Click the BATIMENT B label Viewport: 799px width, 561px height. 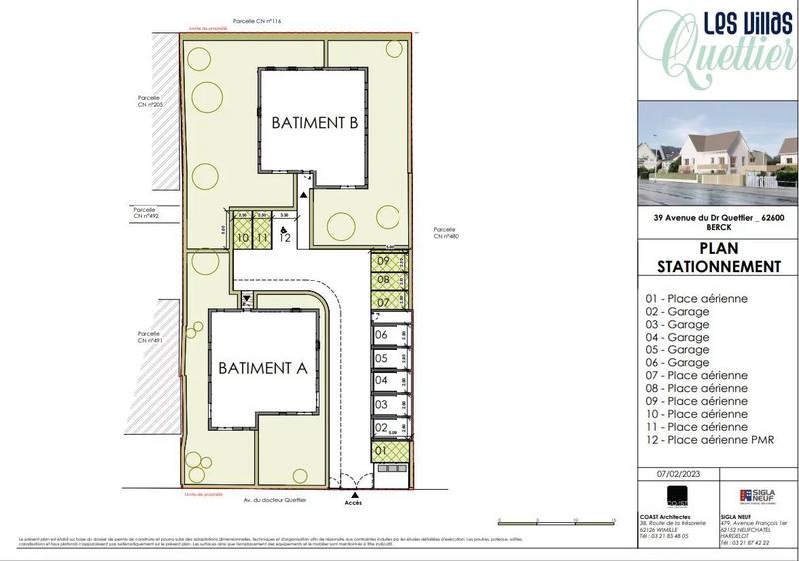coord(314,124)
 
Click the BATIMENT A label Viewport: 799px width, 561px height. coord(262,367)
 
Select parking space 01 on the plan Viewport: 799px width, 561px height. coord(381,451)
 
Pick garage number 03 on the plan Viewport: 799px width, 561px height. coord(381,404)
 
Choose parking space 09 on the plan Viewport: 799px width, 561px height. coord(383,262)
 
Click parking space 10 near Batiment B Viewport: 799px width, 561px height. coord(242,238)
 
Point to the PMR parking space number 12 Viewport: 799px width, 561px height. coord(285,238)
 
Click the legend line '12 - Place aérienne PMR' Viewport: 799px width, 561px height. coord(709,440)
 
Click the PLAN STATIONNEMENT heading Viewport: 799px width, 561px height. coord(717,258)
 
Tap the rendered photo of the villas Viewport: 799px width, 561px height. coord(717,153)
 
